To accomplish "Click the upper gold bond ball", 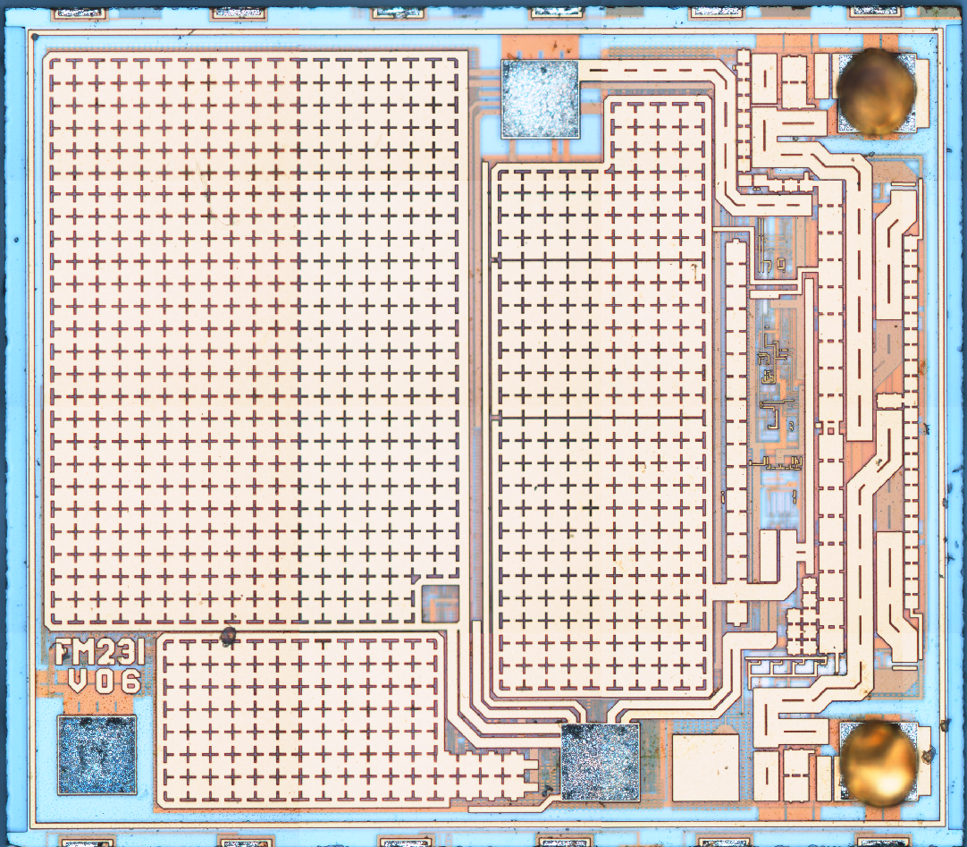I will (875, 92).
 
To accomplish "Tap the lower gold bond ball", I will (879, 759).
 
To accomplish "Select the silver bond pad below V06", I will (97, 754).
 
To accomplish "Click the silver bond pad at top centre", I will (540, 98).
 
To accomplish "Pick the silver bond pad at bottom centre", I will (600, 761).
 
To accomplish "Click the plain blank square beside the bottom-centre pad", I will (704, 767).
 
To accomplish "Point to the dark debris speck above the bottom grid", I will (228, 636).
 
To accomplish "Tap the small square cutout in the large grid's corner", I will (440, 603).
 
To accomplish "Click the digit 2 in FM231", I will (104, 654).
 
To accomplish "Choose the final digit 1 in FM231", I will (136, 654).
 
